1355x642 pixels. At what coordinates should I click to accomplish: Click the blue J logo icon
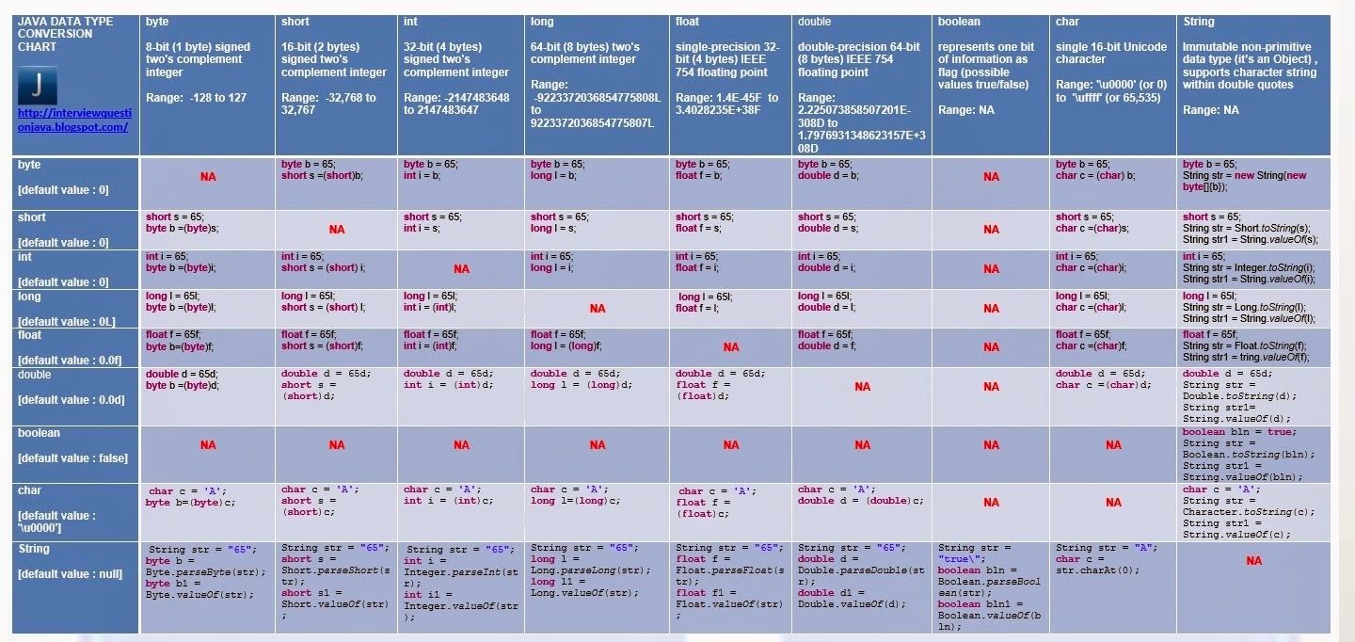(38, 86)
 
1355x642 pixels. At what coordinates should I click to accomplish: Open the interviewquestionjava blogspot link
(74, 120)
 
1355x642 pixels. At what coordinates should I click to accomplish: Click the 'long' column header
(543, 22)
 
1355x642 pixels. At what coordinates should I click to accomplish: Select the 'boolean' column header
(959, 22)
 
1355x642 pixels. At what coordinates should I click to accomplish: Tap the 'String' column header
(1198, 22)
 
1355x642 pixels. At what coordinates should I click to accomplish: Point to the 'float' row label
(29, 335)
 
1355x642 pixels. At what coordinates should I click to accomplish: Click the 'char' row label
(29, 490)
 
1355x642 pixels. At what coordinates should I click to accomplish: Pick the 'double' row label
(35, 375)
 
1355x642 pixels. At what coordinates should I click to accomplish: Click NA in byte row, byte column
(208, 177)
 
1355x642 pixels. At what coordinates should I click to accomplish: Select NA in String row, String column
(1253, 561)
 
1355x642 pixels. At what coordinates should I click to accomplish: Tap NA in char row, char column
(1113, 503)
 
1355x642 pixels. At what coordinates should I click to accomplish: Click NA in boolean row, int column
(461, 445)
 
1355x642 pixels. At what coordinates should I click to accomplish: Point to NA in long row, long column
(598, 309)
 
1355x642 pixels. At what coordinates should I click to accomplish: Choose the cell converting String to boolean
(989, 587)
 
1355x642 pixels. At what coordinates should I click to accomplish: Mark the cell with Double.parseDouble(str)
(859, 576)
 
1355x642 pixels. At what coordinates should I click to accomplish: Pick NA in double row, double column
(862, 387)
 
